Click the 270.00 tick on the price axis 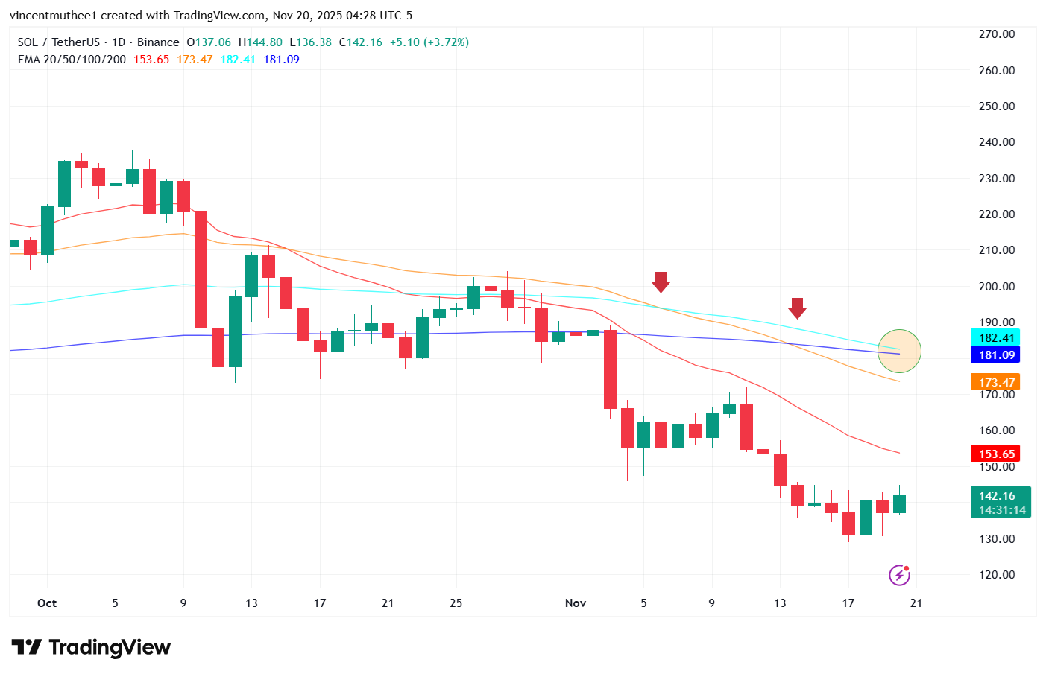[x=996, y=34]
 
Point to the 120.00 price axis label [x=996, y=575]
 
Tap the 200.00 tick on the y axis [x=996, y=287]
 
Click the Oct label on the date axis [x=47, y=603]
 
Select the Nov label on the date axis [x=575, y=603]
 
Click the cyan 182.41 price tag [x=996, y=338]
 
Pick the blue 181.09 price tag [x=996, y=355]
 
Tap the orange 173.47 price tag [x=996, y=383]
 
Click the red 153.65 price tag [x=996, y=454]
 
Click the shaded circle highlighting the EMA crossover [x=899, y=351]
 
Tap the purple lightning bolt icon [x=899, y=576]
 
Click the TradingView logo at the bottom [x=91, y=648]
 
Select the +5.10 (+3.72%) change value [x=429, y=42]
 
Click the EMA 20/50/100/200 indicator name [x=72, y=60]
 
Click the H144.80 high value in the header [x=260, y=42]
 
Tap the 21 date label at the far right [x=916, y=603]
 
